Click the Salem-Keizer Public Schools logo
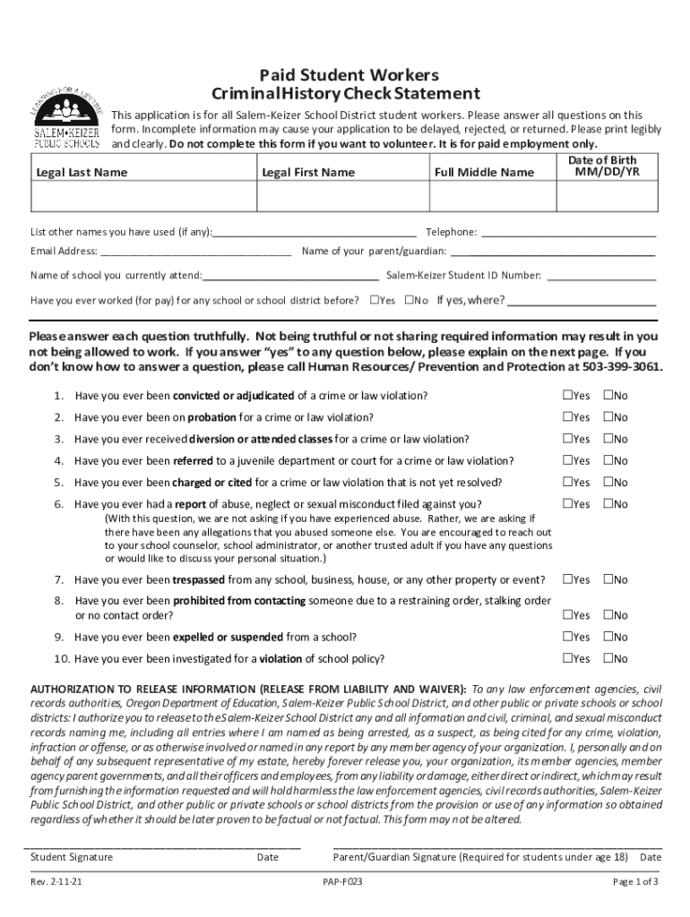pyautogui.click(x=67, y=116)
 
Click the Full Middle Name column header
pyautogui.click(x=484, y=172)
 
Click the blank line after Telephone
pyautogui.click(x=568, y=232)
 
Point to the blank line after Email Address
pyautogui.click(x=195, y=252)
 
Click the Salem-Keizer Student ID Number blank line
pyautogui.click(x=601, y=276)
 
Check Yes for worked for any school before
pyautogui.click(x=375, y=300)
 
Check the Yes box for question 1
pyautogui.click(x=567, y=396)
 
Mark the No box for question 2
pyautogui.click(x=608, y=417)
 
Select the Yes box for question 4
pyautogui.click(x=567, y=461)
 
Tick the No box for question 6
pyautogui.click(x=608, y=504)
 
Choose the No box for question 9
pyautogui.click(x=608, y=637)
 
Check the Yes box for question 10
pyautogui.click(x=567, y=659)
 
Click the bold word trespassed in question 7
pyautogui.click(x=200, y=579)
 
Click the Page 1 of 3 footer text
pyautogui.click(x=635, y=881)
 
